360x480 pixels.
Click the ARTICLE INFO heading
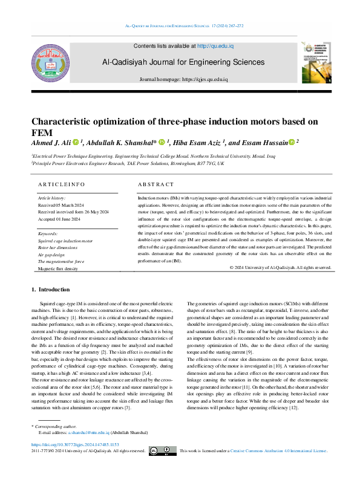tap(62, 184)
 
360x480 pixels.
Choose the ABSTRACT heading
tap(155, 184)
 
